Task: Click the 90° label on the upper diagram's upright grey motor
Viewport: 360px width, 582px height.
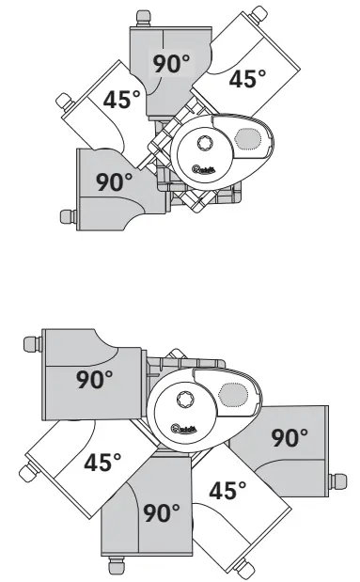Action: (x=171, y=65)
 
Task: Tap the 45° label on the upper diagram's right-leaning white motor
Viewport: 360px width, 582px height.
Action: (x=248, y=79)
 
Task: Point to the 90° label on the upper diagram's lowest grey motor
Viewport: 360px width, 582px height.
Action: (x=115, y=181)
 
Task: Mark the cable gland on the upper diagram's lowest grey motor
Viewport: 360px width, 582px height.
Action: (x=68, y=216)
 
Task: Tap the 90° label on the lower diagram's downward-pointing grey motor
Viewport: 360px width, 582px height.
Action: (x=162, y=513)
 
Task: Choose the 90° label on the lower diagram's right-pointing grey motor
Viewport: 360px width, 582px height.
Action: (x=290, y=437)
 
